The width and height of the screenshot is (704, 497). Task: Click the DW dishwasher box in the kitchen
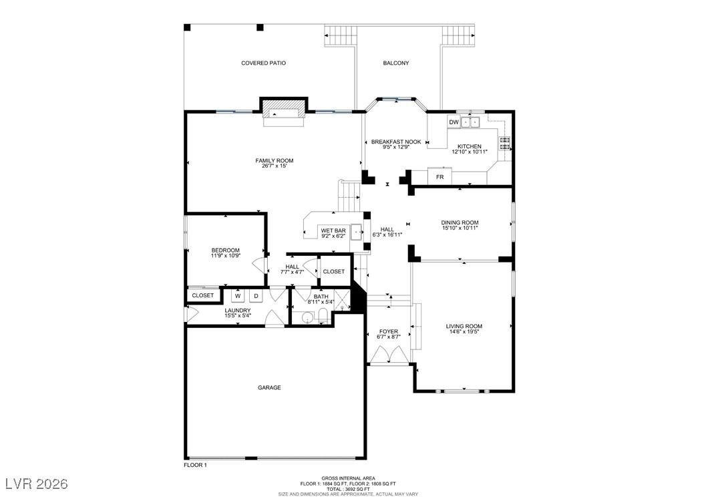point(454,122)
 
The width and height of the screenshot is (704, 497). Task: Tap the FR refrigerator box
point(439,176)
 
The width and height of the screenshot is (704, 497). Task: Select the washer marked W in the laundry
point(238,296)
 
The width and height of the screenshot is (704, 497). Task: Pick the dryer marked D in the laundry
point(256,296)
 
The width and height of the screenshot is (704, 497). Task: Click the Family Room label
point(275,161)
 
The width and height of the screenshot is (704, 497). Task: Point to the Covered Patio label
point(264,63)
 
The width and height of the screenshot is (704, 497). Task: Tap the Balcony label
point(396,63)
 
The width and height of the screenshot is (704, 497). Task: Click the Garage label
point(269,387)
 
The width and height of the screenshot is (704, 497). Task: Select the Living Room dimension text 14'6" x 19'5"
point(464,332)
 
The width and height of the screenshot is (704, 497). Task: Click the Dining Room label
point(460,222)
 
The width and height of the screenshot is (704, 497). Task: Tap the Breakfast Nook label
point(396,142)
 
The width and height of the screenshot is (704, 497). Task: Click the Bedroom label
point(225,251)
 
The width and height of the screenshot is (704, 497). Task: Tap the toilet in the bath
point(323,315)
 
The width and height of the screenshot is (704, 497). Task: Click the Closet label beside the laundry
point(203,295)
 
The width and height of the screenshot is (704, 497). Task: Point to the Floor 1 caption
point(195,465)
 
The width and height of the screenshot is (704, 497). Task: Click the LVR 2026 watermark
point(37,484)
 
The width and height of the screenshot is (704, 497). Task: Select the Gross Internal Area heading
point(349,478)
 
